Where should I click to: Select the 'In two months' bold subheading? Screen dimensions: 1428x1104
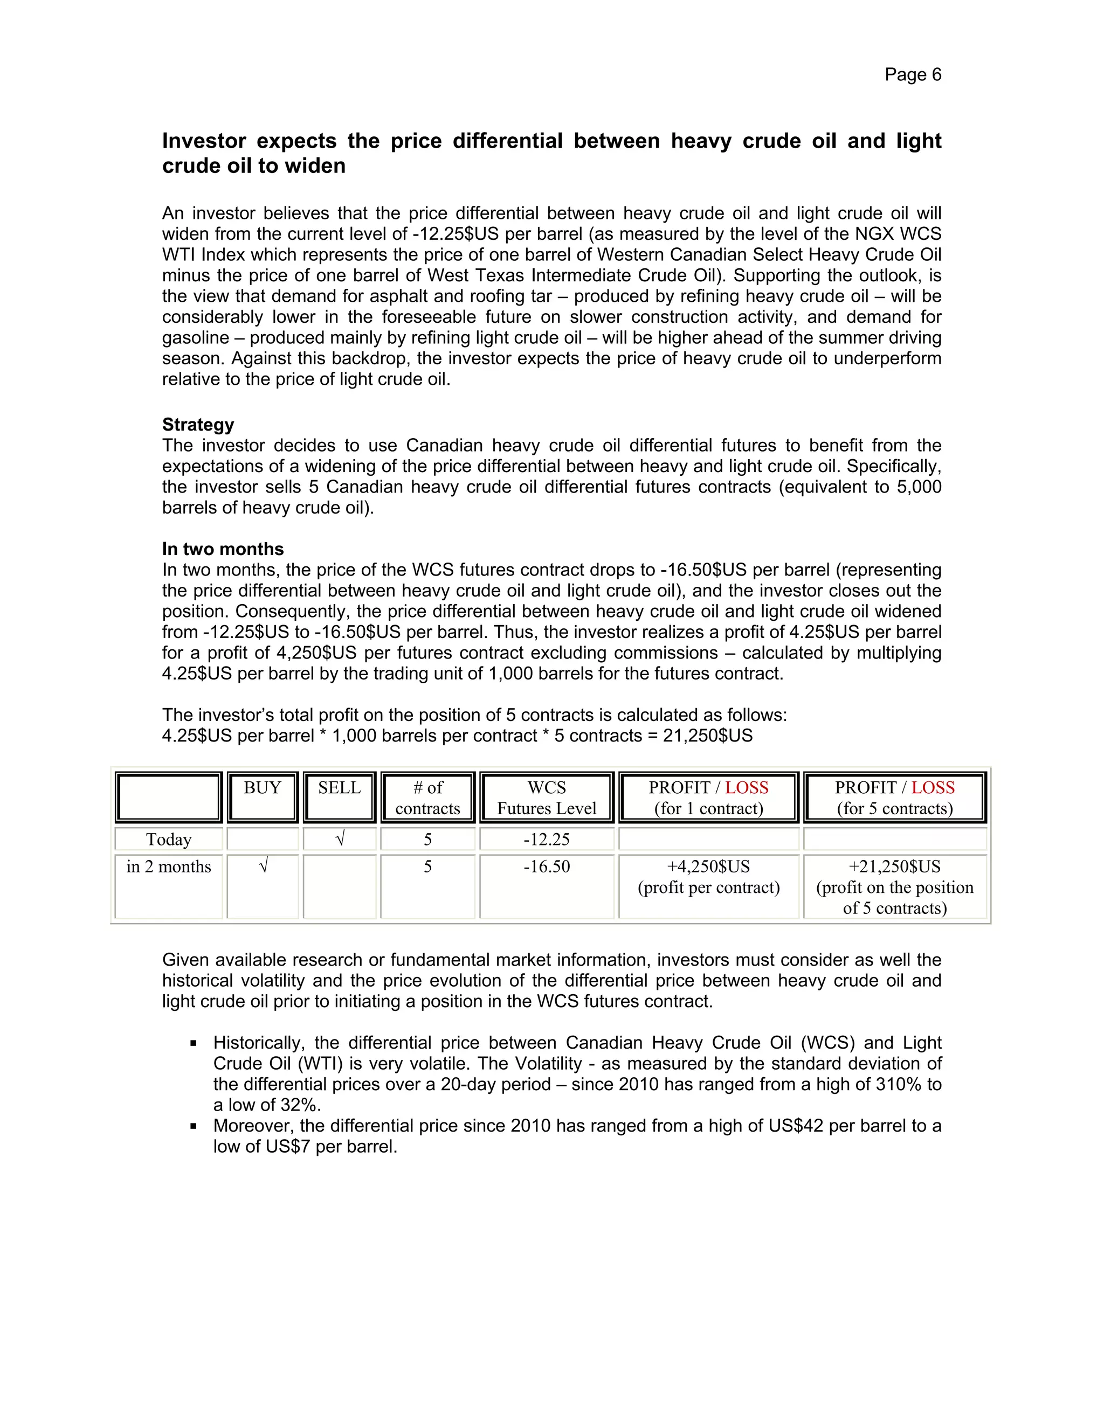pos(223,549)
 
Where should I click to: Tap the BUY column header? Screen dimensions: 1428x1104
pos(263,788)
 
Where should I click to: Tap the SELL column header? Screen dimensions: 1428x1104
pos(340,788)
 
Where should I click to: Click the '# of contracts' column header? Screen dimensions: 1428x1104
pos(427,798)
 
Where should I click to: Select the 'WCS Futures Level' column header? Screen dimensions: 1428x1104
pos(547,798)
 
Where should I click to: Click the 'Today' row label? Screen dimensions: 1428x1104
pos(169,839)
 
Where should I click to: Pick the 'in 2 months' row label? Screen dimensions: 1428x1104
pos(169,866)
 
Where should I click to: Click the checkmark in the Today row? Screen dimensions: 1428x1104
pos(340,839)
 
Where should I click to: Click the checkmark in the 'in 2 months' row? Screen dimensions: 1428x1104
pos(263,866)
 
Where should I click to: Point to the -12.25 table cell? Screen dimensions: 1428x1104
pos(547,839)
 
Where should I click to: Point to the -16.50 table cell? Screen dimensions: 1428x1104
pos(547,866)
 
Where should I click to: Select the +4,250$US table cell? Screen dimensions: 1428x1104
pos(708,867)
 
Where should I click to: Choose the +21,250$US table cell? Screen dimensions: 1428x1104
pos(895,867)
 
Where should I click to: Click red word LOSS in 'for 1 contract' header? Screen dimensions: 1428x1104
pos(747,788)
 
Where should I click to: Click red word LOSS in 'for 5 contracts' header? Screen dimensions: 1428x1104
pos(933,788)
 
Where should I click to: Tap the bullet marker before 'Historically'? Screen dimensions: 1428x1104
pos(194,1044)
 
